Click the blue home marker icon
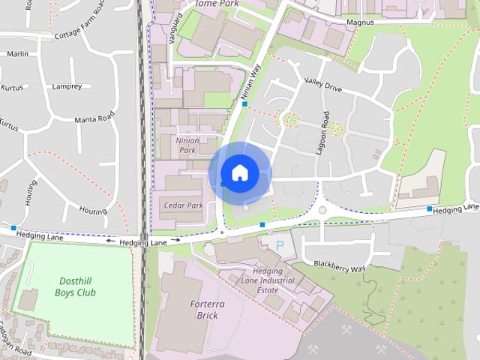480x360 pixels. coord(239,172)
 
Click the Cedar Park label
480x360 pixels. coord(183,205)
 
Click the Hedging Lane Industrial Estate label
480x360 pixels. coord(267,280)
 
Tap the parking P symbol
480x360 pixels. coord(280,245)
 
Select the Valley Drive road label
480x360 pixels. coord(322,87)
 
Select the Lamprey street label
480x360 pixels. coord(67,86)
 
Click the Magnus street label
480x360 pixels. coord(360,23)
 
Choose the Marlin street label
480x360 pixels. coord(17,54)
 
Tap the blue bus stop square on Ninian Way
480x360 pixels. coord(244,104)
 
